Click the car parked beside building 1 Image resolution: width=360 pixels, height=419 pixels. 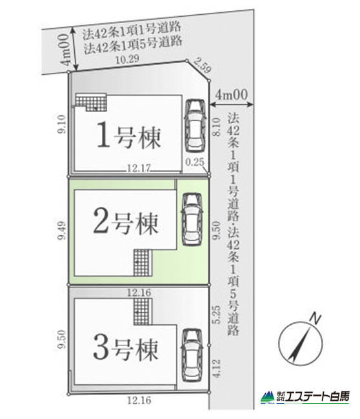(195, 126)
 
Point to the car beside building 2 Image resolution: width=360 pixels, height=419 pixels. (192, 219)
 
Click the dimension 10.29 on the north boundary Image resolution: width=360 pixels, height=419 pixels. (127, 59)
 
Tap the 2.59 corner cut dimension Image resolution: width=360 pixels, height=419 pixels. (203, 65)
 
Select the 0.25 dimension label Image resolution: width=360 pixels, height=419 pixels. (195, 162)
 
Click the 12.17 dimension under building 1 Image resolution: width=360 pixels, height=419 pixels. (139, 168)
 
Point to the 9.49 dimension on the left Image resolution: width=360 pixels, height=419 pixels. (62, 230)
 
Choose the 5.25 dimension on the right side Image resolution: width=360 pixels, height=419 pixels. (217, 315)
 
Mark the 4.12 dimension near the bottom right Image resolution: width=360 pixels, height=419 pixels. (217, 368)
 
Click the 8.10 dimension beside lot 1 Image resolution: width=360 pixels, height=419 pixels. (217, 127)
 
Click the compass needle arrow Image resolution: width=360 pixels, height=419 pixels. (301, 342)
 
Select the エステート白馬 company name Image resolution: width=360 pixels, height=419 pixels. (317, 397)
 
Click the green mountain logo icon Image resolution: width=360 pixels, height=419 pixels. (268, 397)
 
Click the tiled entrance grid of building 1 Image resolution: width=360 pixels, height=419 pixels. (91, 102)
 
